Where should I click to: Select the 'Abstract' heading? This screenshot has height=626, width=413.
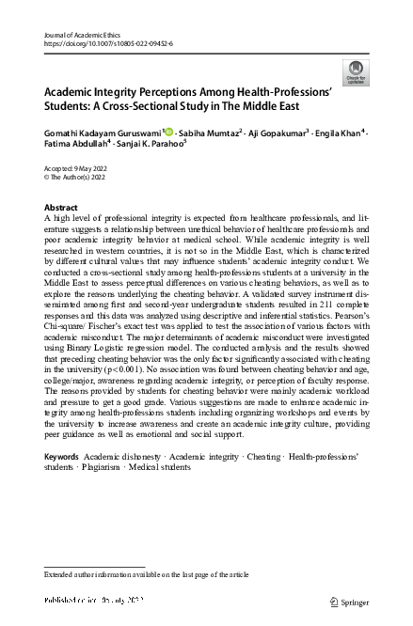tap(62, 207)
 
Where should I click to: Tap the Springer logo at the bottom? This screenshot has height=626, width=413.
tap(348, 600)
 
